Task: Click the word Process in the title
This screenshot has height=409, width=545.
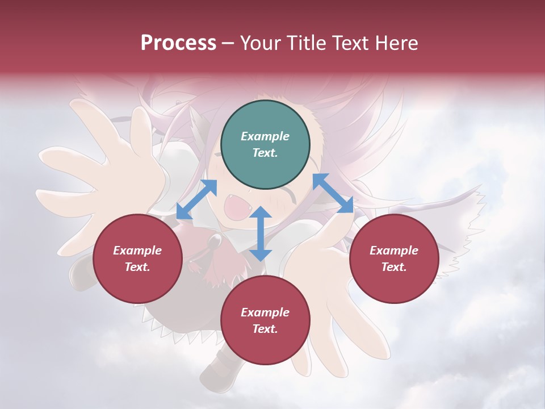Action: [178, 43]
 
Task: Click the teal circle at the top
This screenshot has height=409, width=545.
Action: [265, 145]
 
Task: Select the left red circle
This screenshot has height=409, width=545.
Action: [137, 258]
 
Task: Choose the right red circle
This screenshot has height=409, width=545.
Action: [394, 258]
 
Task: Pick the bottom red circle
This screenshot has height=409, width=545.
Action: [265, 320]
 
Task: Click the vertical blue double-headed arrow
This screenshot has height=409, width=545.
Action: [261, 233]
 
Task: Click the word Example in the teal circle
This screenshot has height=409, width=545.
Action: [265, 136]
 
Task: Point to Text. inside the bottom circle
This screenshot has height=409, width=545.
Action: [265, 329]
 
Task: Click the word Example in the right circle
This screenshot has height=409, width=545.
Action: [394, 251]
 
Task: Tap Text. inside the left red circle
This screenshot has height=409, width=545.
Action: [137, 267]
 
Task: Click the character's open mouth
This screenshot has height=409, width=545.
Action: [235, 208]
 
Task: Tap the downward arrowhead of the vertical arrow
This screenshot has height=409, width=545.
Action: [261, 254]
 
